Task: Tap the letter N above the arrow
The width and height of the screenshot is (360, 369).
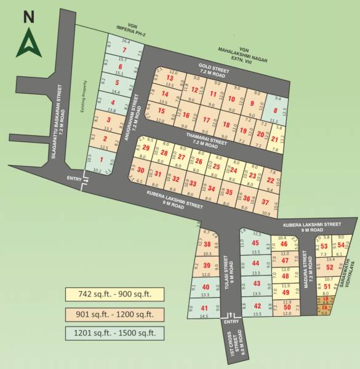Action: (28, 17)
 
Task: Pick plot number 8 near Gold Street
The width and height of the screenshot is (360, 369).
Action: (275, 111)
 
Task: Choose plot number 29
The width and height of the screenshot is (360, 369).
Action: (146, 148)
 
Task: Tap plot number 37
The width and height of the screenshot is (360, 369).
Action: (265, 201)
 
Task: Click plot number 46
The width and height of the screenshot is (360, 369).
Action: (284, 245)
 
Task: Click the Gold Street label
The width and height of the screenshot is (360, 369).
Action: (213, 68)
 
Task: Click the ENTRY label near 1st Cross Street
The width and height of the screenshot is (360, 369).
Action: (231, 321)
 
